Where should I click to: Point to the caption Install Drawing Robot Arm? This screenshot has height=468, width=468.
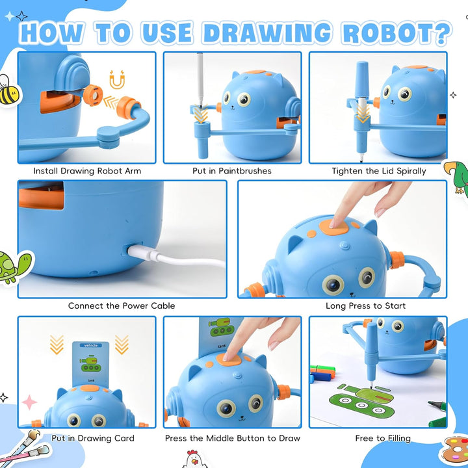tap(87, 172)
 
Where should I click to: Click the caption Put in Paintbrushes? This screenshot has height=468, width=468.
tap(233, 172)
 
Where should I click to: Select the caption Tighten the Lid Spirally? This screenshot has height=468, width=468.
tap(378, 172)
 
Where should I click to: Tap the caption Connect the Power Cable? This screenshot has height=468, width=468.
tap(122, 305)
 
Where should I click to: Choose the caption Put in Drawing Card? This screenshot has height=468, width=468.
tap(93, 438)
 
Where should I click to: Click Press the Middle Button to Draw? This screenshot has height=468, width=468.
tap(233, 438)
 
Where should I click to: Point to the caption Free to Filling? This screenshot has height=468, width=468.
tap(383, 438)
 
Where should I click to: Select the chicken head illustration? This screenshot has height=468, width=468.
tap(194, 458)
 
